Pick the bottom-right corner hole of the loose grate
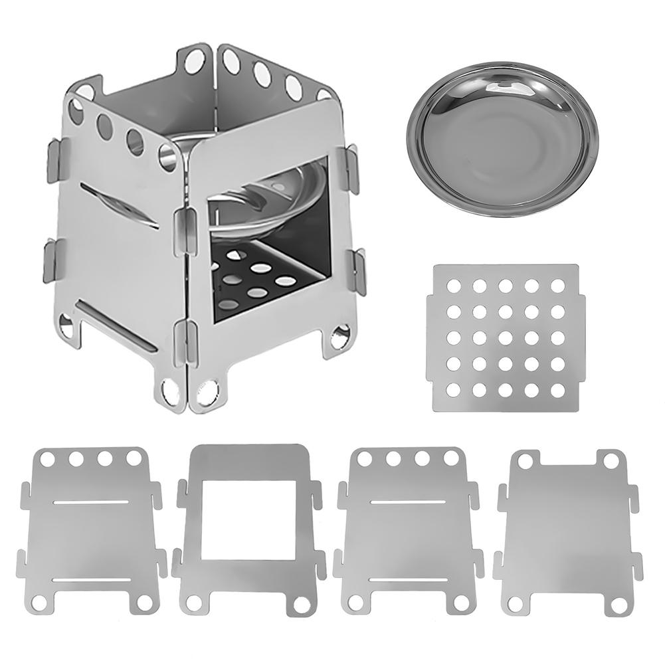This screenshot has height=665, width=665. click(x=557, y=389)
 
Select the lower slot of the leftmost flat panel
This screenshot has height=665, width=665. click(x=87, y=579)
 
